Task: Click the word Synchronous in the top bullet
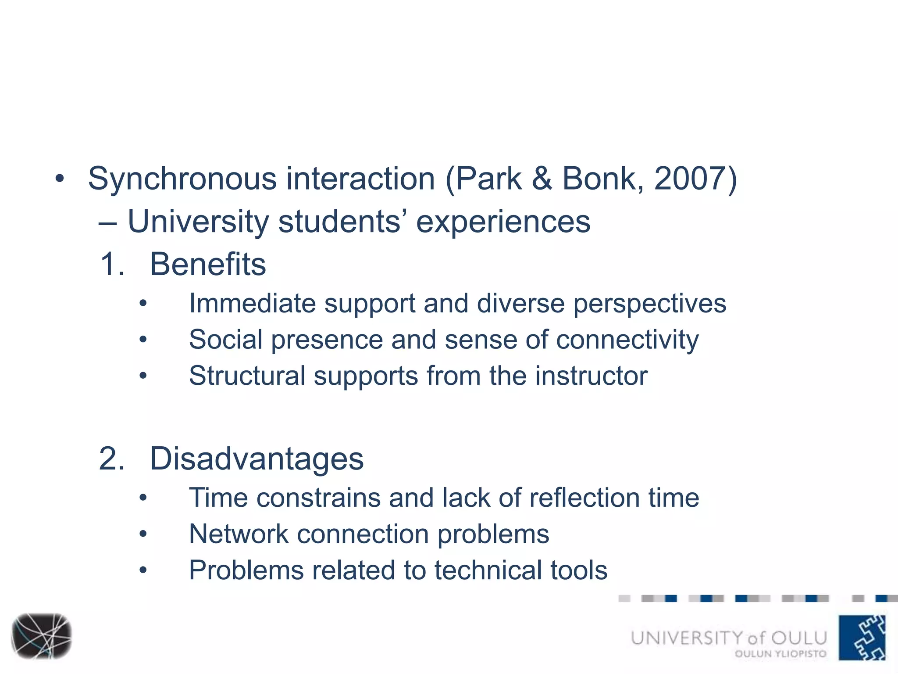coord(182,179)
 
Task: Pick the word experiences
coord(503,222)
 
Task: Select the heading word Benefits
coord(208,264)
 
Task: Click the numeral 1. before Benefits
coord(112,264)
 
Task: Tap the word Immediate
coord(252,303)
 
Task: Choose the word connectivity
coord(627,340)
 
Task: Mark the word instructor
coord(591,376)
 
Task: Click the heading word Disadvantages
coord(257,459)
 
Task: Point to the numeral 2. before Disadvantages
coord(112,459)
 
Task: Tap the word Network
coord(239,534)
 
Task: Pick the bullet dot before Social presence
coord(143,340)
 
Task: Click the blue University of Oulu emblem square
coord(862,638)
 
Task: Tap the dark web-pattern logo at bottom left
coord(41,636)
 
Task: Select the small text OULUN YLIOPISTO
coord(780,654)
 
